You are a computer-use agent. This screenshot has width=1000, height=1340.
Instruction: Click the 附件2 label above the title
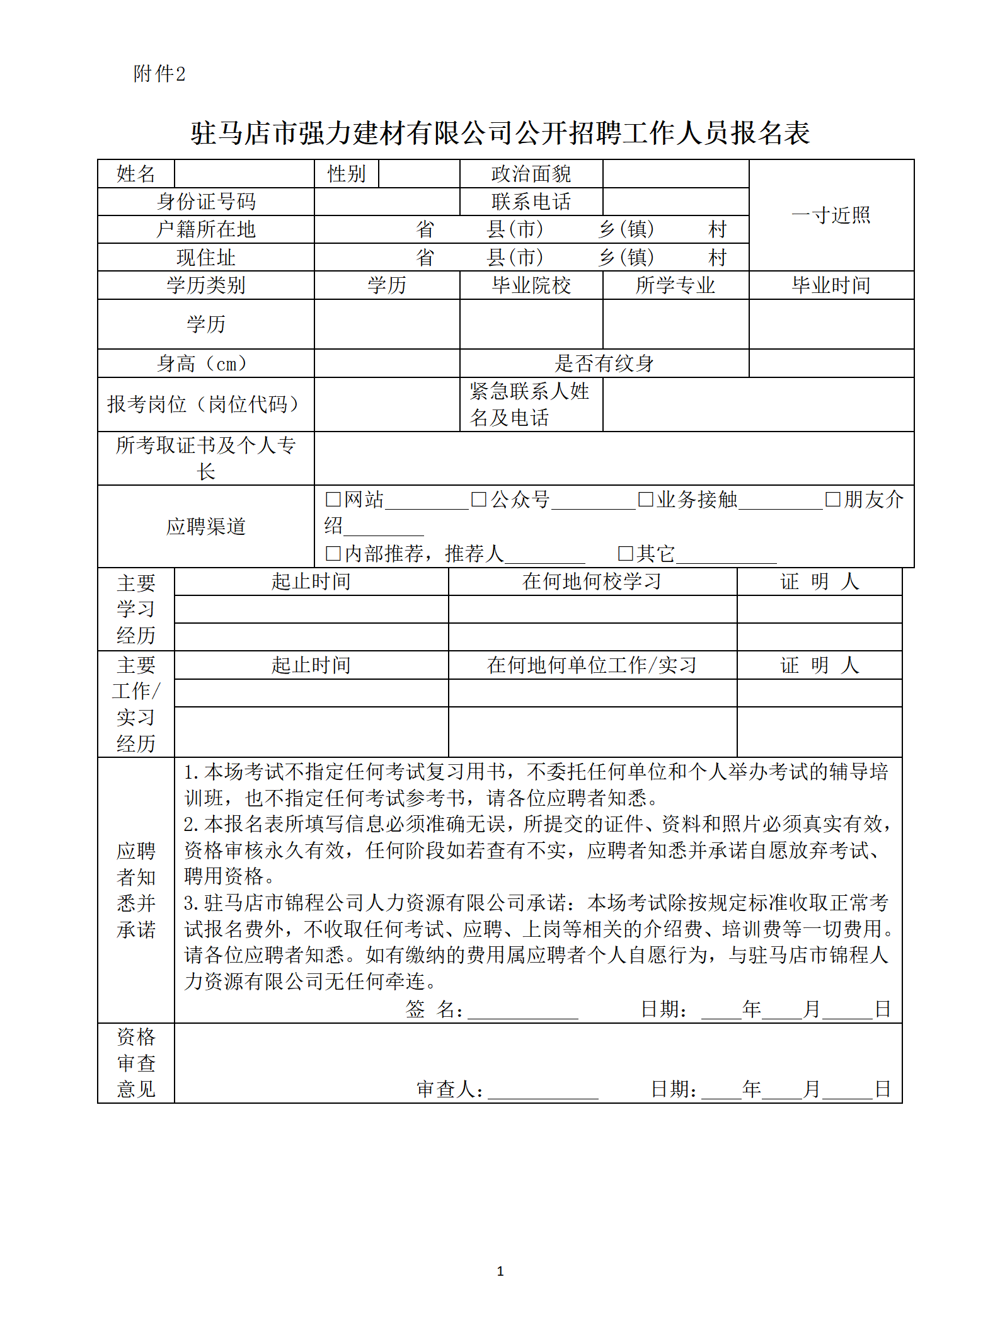pos(159,74)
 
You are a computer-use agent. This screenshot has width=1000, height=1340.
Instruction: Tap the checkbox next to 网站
pos(333,500)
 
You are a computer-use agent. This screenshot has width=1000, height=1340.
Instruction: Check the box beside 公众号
pos(479,500)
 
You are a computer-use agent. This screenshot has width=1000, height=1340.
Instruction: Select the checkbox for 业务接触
pos(645,500)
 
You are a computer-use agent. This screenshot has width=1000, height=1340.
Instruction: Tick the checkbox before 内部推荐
pos(333,554)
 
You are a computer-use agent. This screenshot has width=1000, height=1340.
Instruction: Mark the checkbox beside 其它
pos(625,554)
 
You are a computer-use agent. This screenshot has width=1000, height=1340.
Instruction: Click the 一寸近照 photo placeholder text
pos(830,215)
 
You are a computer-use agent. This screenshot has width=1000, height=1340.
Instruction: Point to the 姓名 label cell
pos(135,174)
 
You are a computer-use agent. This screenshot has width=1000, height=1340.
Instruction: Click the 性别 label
pos(347,174)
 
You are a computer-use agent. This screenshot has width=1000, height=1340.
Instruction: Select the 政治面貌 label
pos(531,174)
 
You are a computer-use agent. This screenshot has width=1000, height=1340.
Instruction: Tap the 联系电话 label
pos(531,202)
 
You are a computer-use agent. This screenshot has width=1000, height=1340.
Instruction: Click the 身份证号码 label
pos(206,202)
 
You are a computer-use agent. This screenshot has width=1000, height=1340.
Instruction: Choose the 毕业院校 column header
pos(531,285)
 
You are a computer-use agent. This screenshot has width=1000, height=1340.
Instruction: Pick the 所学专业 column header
pos(675,285)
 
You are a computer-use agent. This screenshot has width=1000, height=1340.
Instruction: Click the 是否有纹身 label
pos(604,364)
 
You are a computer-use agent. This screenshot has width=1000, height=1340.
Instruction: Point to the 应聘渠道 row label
pos(206,527)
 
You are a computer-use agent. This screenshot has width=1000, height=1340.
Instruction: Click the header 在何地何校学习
pos(592,581)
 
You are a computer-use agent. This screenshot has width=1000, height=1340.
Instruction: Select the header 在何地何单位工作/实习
pos(592,665)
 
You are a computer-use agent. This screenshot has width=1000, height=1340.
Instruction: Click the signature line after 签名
pos(522,1010)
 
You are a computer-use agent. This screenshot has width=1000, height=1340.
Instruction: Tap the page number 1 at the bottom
pos(500,1271)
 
